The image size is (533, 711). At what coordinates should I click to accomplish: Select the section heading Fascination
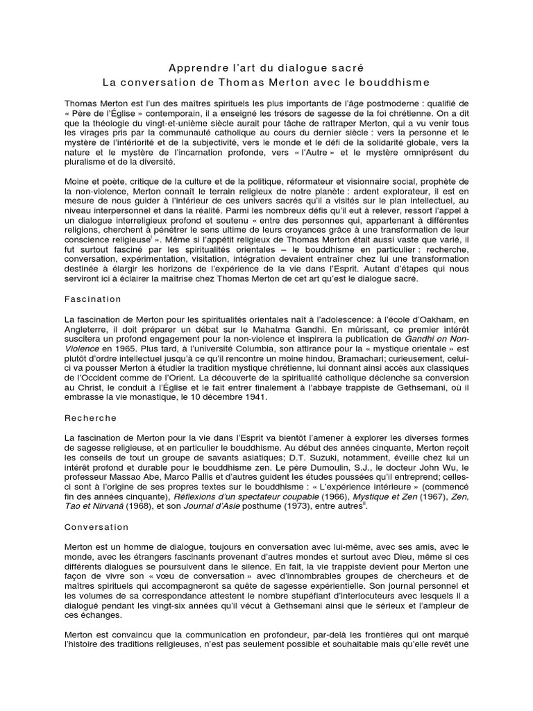click(92, 299)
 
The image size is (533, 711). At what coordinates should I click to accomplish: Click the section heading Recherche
click(90, 419)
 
